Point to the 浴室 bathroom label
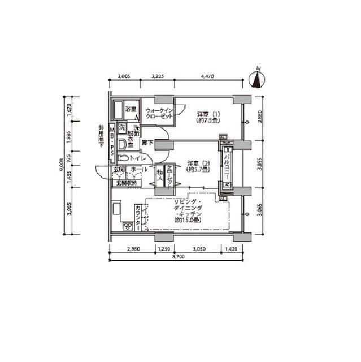coord(131,109)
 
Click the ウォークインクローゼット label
coord(158,113)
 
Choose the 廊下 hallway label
coord(148,143)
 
